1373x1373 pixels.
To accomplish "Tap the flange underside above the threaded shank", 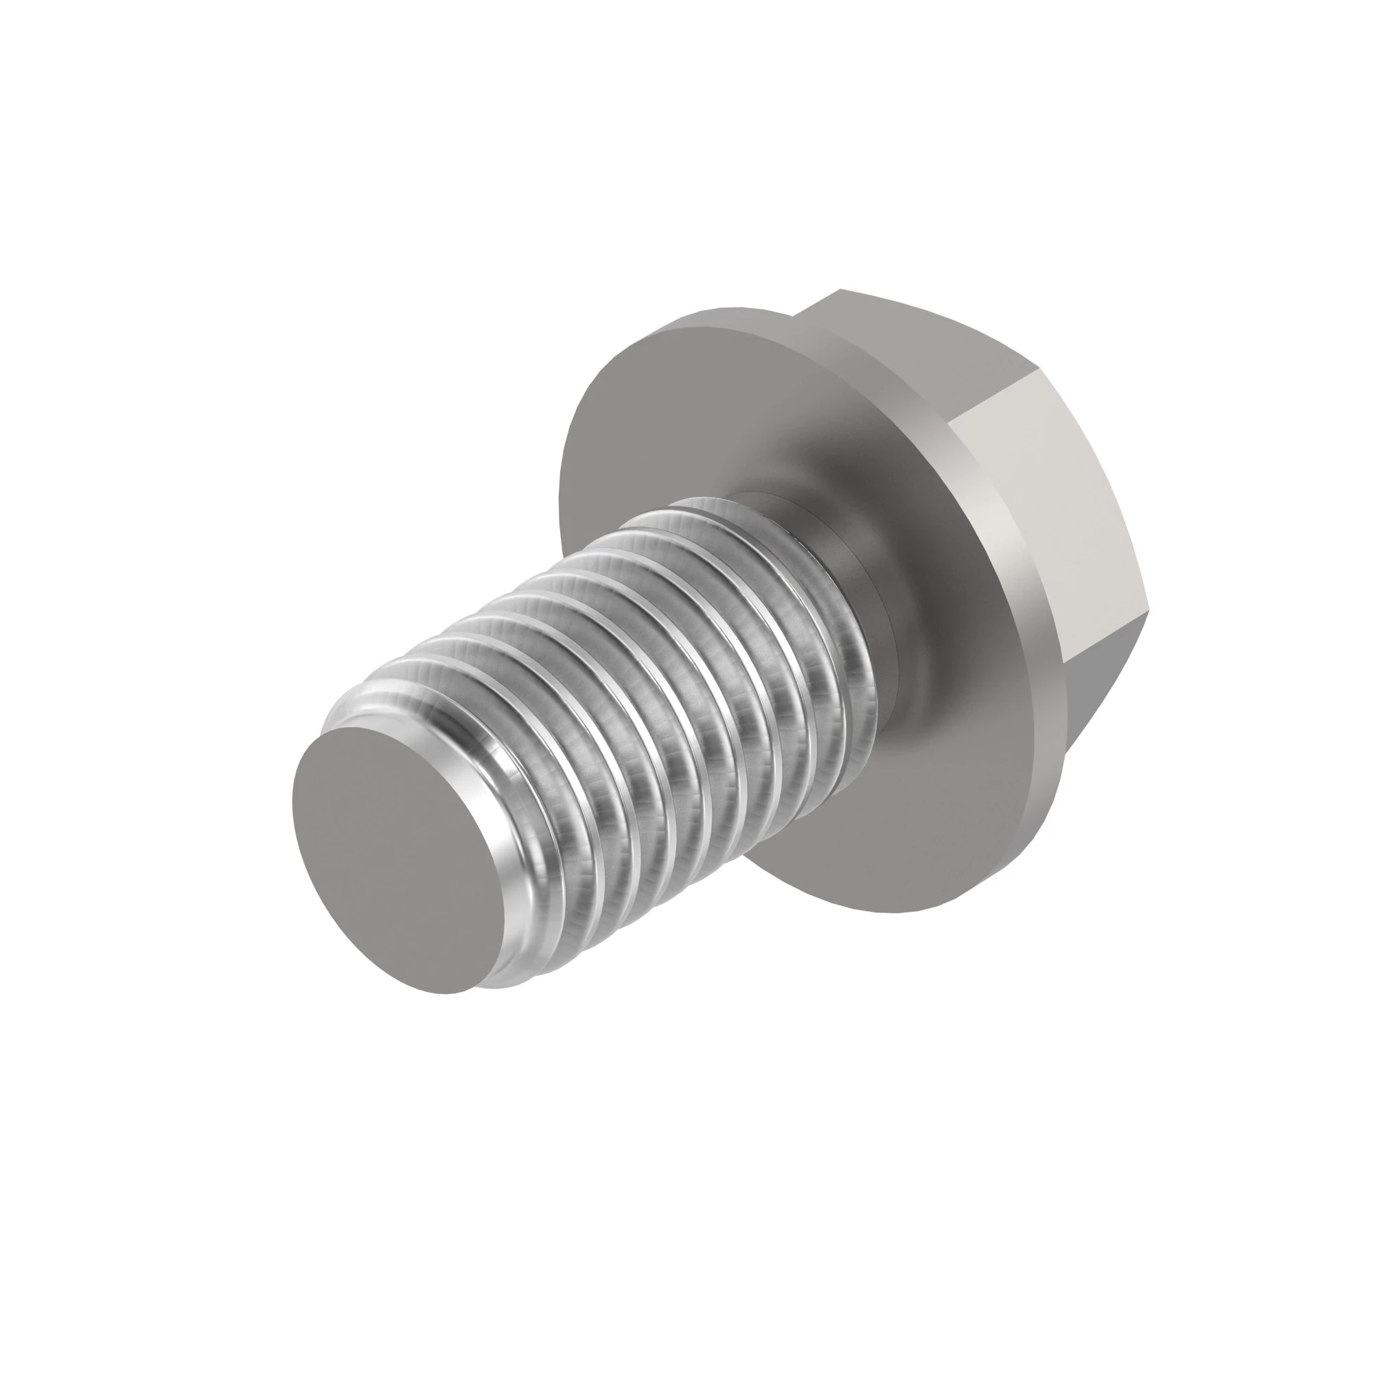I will (682, 412).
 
